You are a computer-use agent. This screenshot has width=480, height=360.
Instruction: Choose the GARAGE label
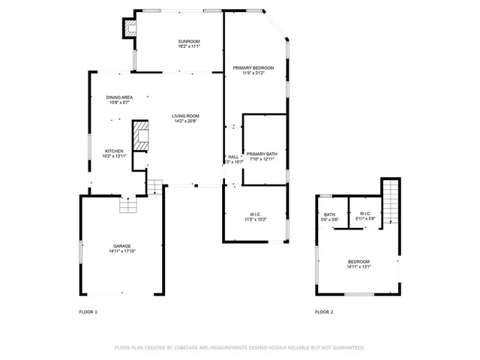click(x=122, y=247)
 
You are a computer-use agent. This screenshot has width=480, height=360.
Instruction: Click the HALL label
click(x=233, y=157)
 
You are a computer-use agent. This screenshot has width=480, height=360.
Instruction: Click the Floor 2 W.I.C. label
click(x=365, y=214)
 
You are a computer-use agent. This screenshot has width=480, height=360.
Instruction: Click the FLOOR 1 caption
click(x=88, y=311)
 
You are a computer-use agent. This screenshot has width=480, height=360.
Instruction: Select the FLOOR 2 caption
click(x=324, y=311)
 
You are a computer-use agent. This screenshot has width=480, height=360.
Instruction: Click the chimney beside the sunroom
click(x=130, y=28)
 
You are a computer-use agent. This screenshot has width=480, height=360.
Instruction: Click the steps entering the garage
click(x=128, y=205)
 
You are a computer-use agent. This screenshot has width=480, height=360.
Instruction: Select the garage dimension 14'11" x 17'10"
click(x=122, y=252)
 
